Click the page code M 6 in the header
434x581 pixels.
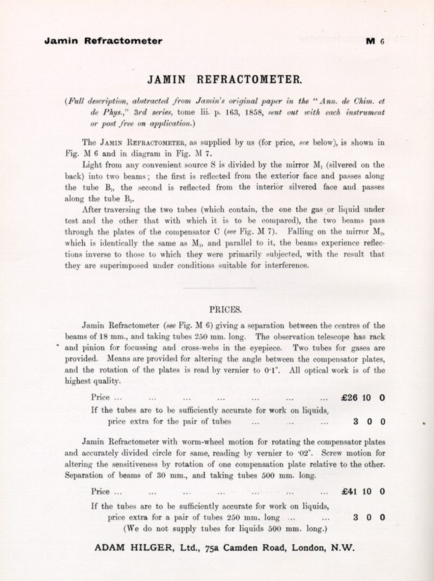pyautogui.click(x=375, y=41)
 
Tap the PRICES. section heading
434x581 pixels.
pyautogui.click(x=226, y=310)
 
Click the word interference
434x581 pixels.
pyautogui.click(x=287, y=265)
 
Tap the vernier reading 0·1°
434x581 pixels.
pyautogui.click(x=272, y=370)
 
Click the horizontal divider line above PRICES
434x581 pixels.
pyautogui.click(x=220, y=288)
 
